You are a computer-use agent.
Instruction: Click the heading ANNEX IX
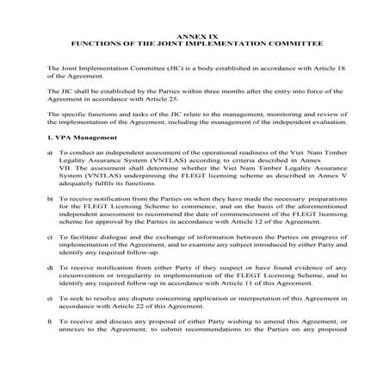(x=195, y=34)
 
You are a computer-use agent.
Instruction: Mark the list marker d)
(x=51, y=268)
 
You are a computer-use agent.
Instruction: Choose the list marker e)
(x=51, y=299)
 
